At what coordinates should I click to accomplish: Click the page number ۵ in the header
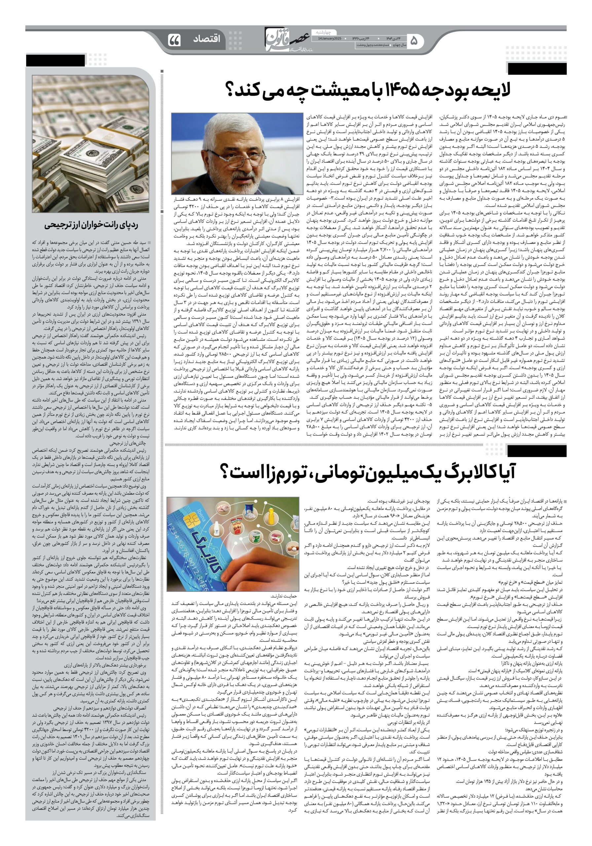point(414,41)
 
